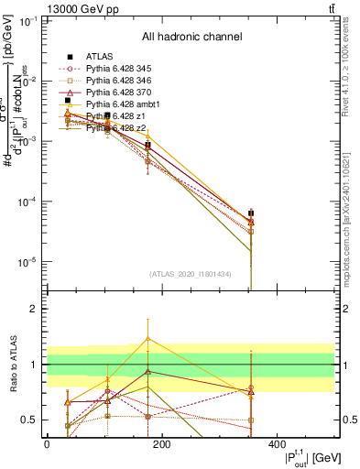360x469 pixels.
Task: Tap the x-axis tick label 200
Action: tap(161, 444)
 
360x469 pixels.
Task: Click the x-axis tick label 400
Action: tap(277, 444)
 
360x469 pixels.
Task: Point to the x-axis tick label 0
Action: tap(47, 444)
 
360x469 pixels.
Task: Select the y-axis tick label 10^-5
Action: tap(28, 262)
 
